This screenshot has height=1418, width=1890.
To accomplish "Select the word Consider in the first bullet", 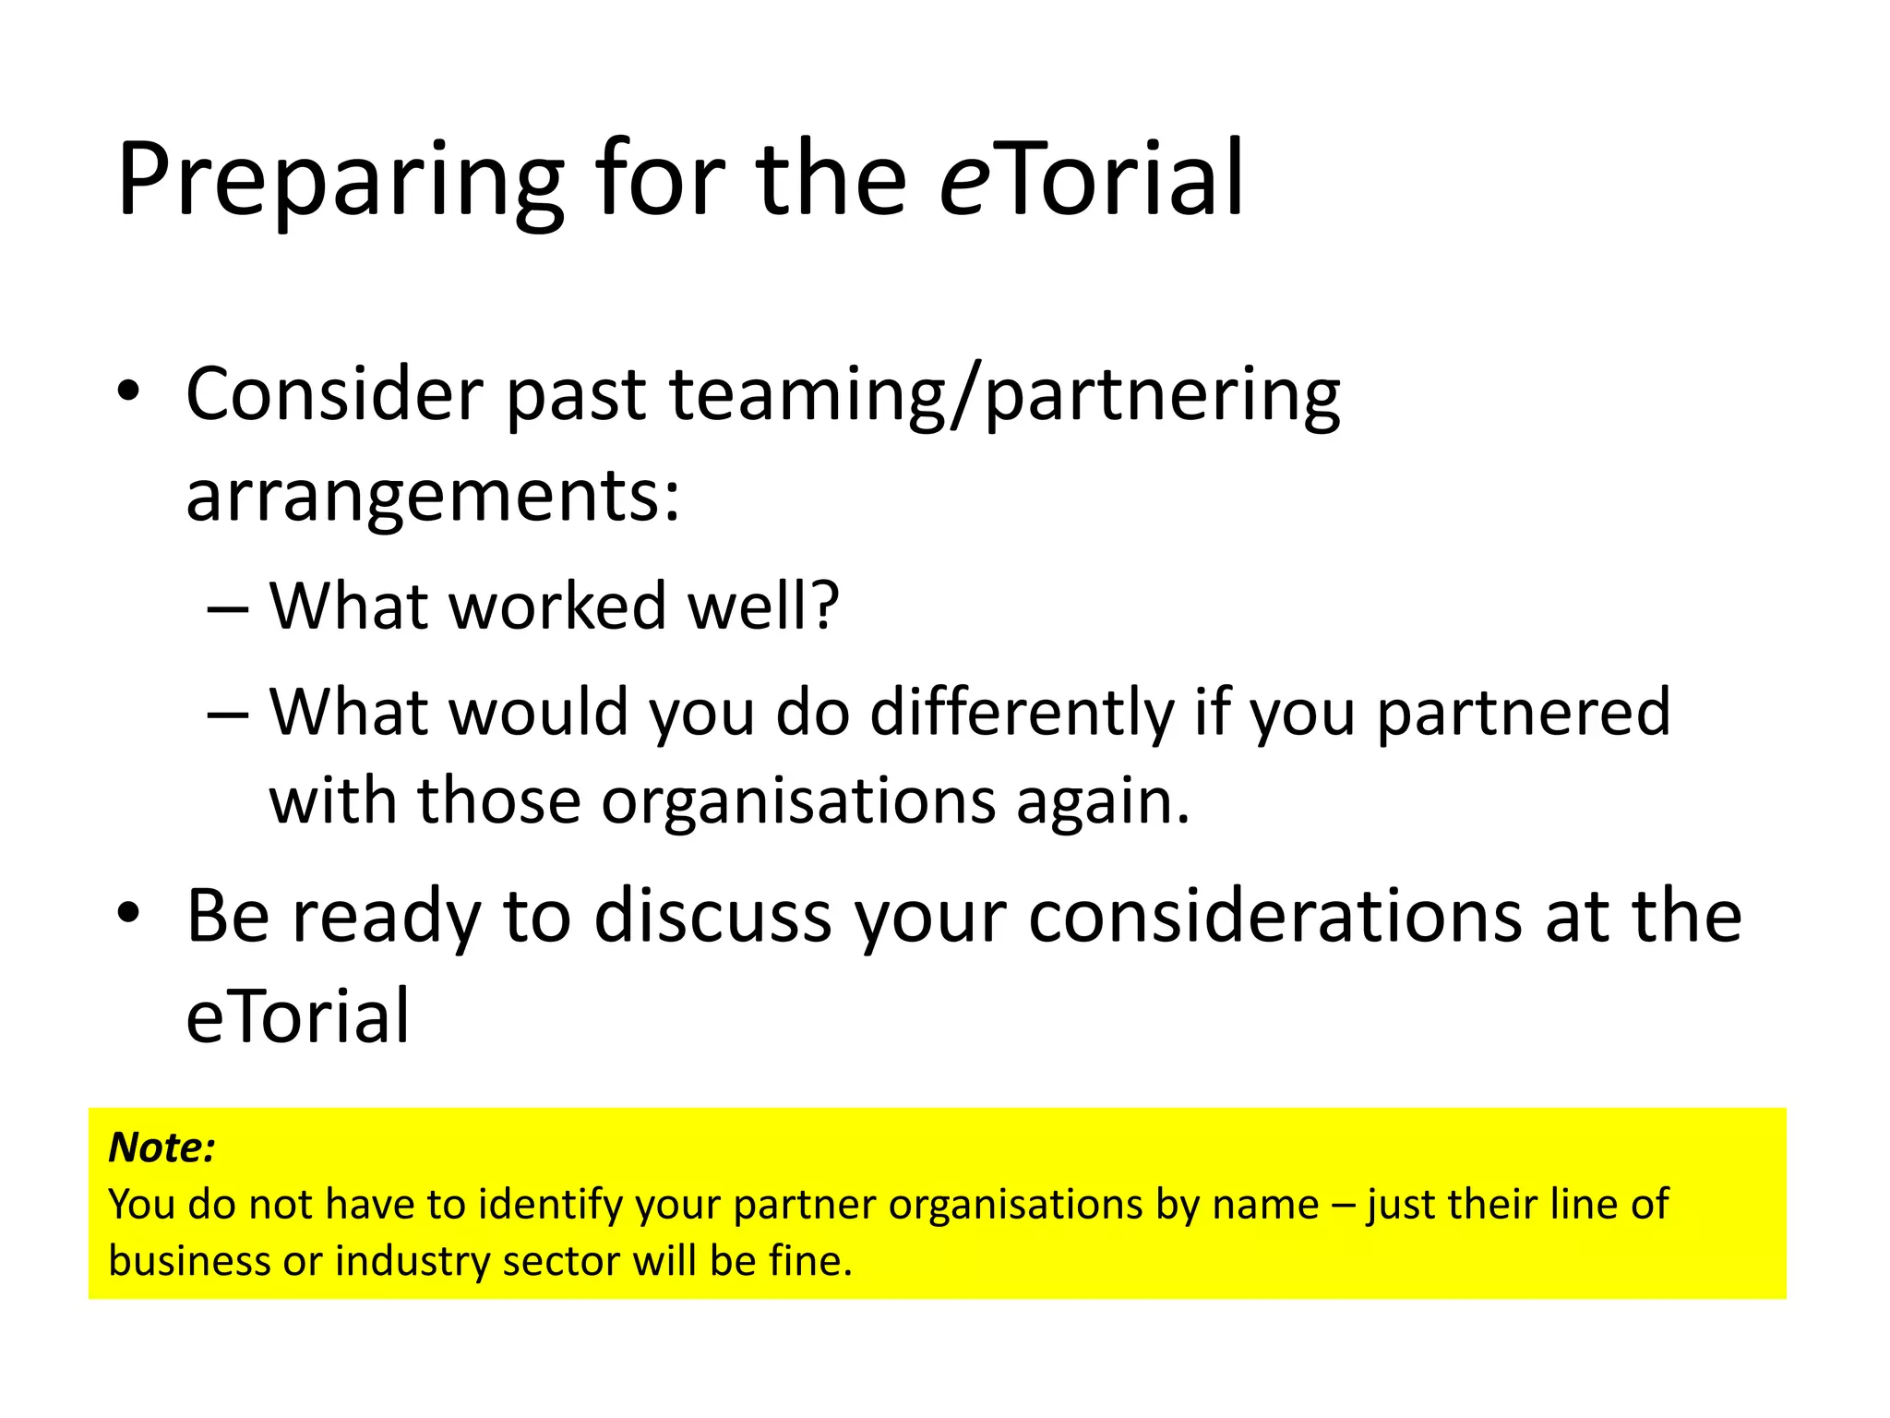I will tap(333, 395).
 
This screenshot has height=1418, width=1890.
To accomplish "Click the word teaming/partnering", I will tap(1004, 397).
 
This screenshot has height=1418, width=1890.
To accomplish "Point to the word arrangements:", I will tap(433, 497).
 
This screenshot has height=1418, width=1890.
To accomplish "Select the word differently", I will tap(1023, 714).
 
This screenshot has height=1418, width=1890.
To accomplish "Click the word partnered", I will tap(1524, 714).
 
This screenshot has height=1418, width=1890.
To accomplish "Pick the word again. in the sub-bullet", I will tap(1103, 801).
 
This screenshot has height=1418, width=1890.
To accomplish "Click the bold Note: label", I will tap(161, 1148).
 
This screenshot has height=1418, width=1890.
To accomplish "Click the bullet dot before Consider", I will tap(128, 391).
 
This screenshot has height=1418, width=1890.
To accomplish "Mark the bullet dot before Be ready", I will tap(128, 912).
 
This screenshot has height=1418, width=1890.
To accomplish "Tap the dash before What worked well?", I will tap(227, 610).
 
